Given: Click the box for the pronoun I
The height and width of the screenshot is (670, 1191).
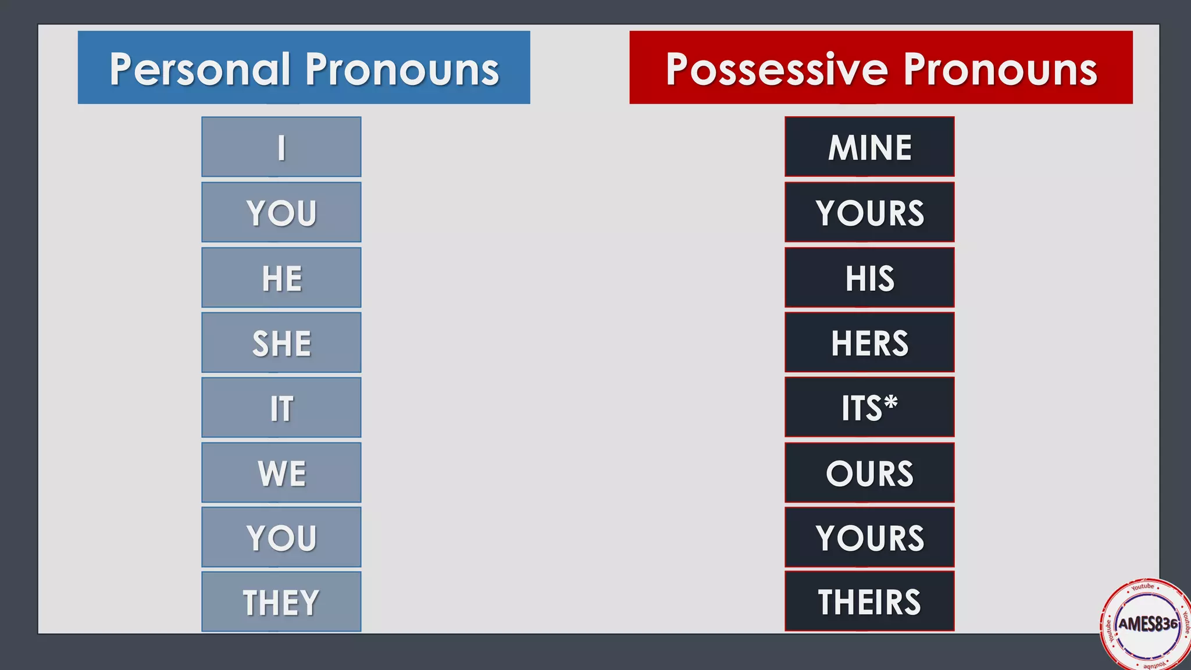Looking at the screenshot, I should (281, 147).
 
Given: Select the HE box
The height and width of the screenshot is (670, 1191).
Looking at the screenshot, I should (281, 277).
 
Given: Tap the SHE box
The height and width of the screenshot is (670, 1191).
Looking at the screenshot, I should (281, 343).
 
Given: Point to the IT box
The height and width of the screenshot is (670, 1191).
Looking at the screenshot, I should (281, 408).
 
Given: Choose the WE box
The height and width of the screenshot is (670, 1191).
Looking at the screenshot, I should (281, 473).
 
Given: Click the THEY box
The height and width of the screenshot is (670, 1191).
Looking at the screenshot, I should (281, 601).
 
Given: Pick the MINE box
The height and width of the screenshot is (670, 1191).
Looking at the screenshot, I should (869, 147).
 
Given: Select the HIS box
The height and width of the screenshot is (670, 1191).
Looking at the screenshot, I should (869, 277).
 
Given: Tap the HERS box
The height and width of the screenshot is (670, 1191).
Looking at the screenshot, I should (869, 343).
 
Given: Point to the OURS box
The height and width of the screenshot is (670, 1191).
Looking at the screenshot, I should (869, 473).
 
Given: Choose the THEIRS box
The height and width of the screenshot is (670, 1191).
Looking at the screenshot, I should (869, 601).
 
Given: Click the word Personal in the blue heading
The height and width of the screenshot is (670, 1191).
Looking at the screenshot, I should (199, 69).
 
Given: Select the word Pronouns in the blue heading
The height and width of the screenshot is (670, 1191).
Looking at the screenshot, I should (402, 69).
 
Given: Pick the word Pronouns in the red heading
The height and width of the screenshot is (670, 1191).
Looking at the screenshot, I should (1000, 69).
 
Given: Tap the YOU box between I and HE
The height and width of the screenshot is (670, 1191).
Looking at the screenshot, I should (281, 212).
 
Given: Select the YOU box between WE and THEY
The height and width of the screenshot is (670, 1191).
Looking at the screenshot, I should (281, 537).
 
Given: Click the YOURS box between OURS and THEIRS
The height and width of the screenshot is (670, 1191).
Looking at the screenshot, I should (869, 537).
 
